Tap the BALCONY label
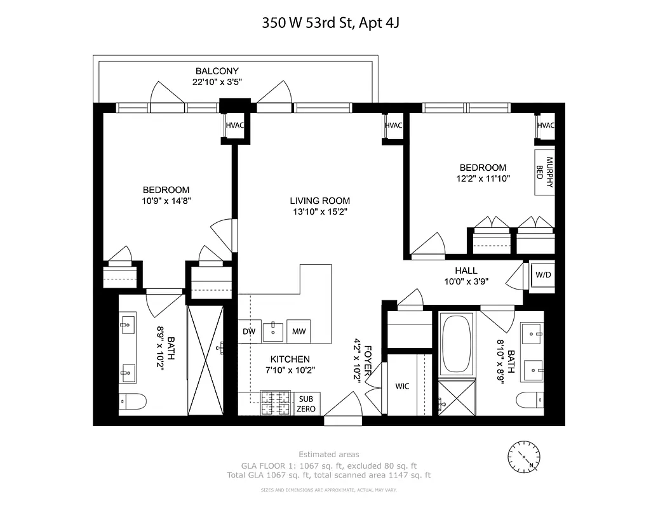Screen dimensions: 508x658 [x=217, y=71]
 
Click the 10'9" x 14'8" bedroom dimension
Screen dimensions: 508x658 [x=166, y=200]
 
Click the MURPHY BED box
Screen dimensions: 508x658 [x=544, y=171]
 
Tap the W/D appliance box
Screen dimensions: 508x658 [x=543, y=276]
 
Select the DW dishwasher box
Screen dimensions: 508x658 [x=248, y=331]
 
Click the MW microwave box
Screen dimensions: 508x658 [x=299, y=331]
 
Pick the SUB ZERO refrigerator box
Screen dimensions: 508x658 [x=306, y=404]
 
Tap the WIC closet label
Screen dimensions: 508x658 [x=402, y=385]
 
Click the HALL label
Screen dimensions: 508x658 [x=466, y=271]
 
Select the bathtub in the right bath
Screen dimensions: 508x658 [x=457, y=345]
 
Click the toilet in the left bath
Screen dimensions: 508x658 [x=133, y=401]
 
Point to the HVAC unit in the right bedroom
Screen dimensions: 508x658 [x=546, y=126]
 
